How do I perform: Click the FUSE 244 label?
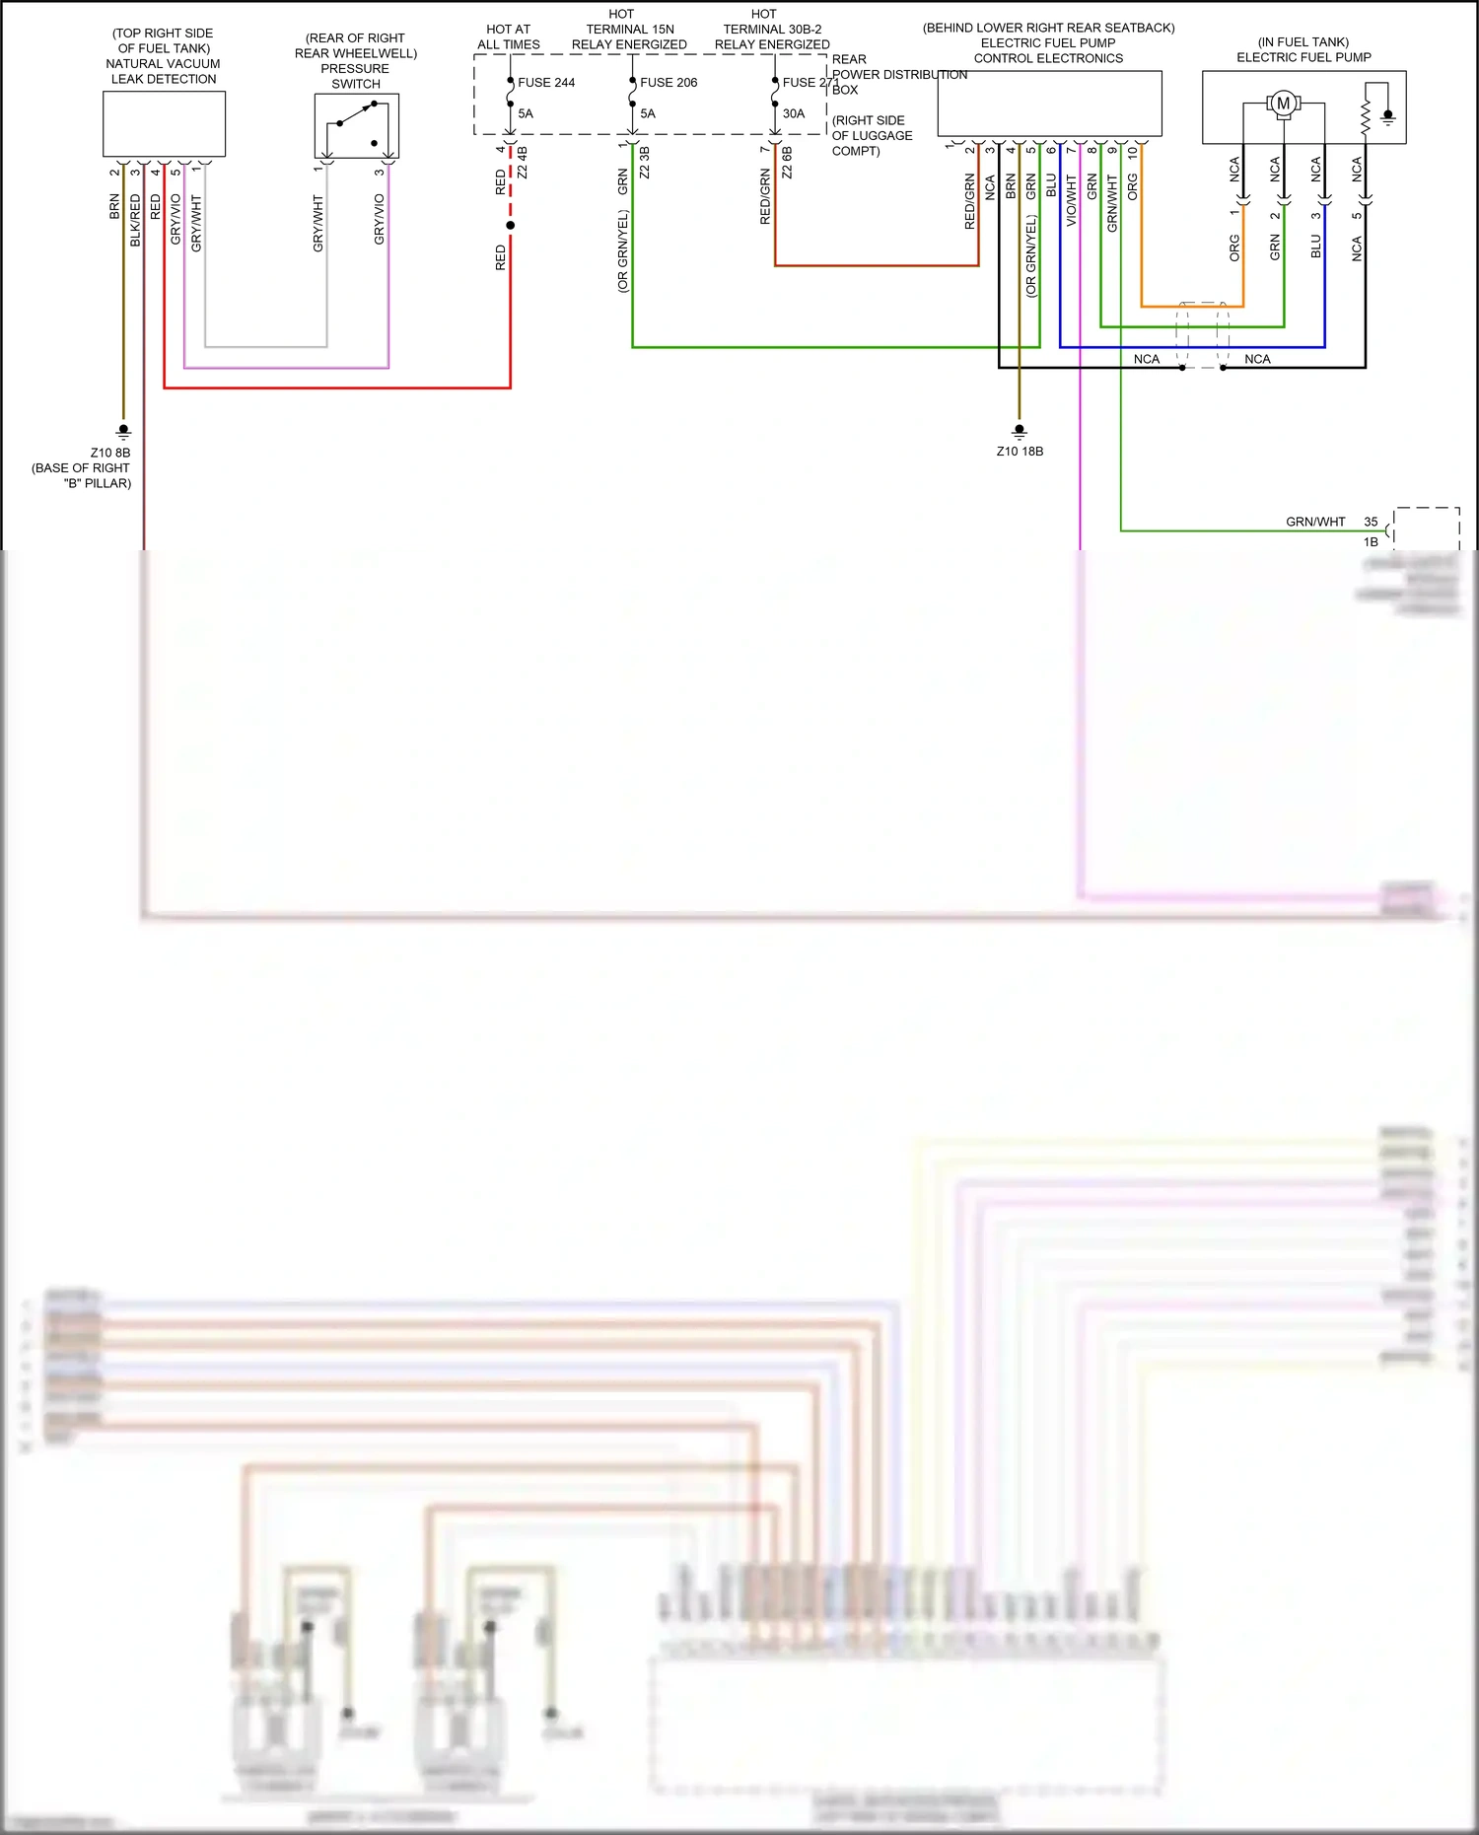pos(546,83)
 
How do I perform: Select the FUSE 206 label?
pos(669,83)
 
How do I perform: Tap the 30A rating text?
pos(794,114)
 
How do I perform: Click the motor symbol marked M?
pos(1283,103)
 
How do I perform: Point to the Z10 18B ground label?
pos(1020,452)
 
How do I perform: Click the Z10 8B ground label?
pos(110,454)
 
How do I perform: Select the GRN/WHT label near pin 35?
pos(1315,522)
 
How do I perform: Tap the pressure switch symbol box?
pos(357,126)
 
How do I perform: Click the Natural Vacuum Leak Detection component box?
pos(164,124)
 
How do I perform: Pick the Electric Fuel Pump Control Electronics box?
pos(1049,104)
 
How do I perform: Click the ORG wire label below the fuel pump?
pos(1234,247)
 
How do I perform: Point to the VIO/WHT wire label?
pos(1072,201)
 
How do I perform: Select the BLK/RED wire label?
pos(135,220)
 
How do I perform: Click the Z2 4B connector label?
pos(523,163)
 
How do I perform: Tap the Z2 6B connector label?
pos(787,163)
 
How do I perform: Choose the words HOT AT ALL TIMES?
pos(509,37)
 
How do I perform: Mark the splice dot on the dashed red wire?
pos(510,226)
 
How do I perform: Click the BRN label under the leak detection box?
pos(114,206)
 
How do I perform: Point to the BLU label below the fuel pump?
pos(1315,247)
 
